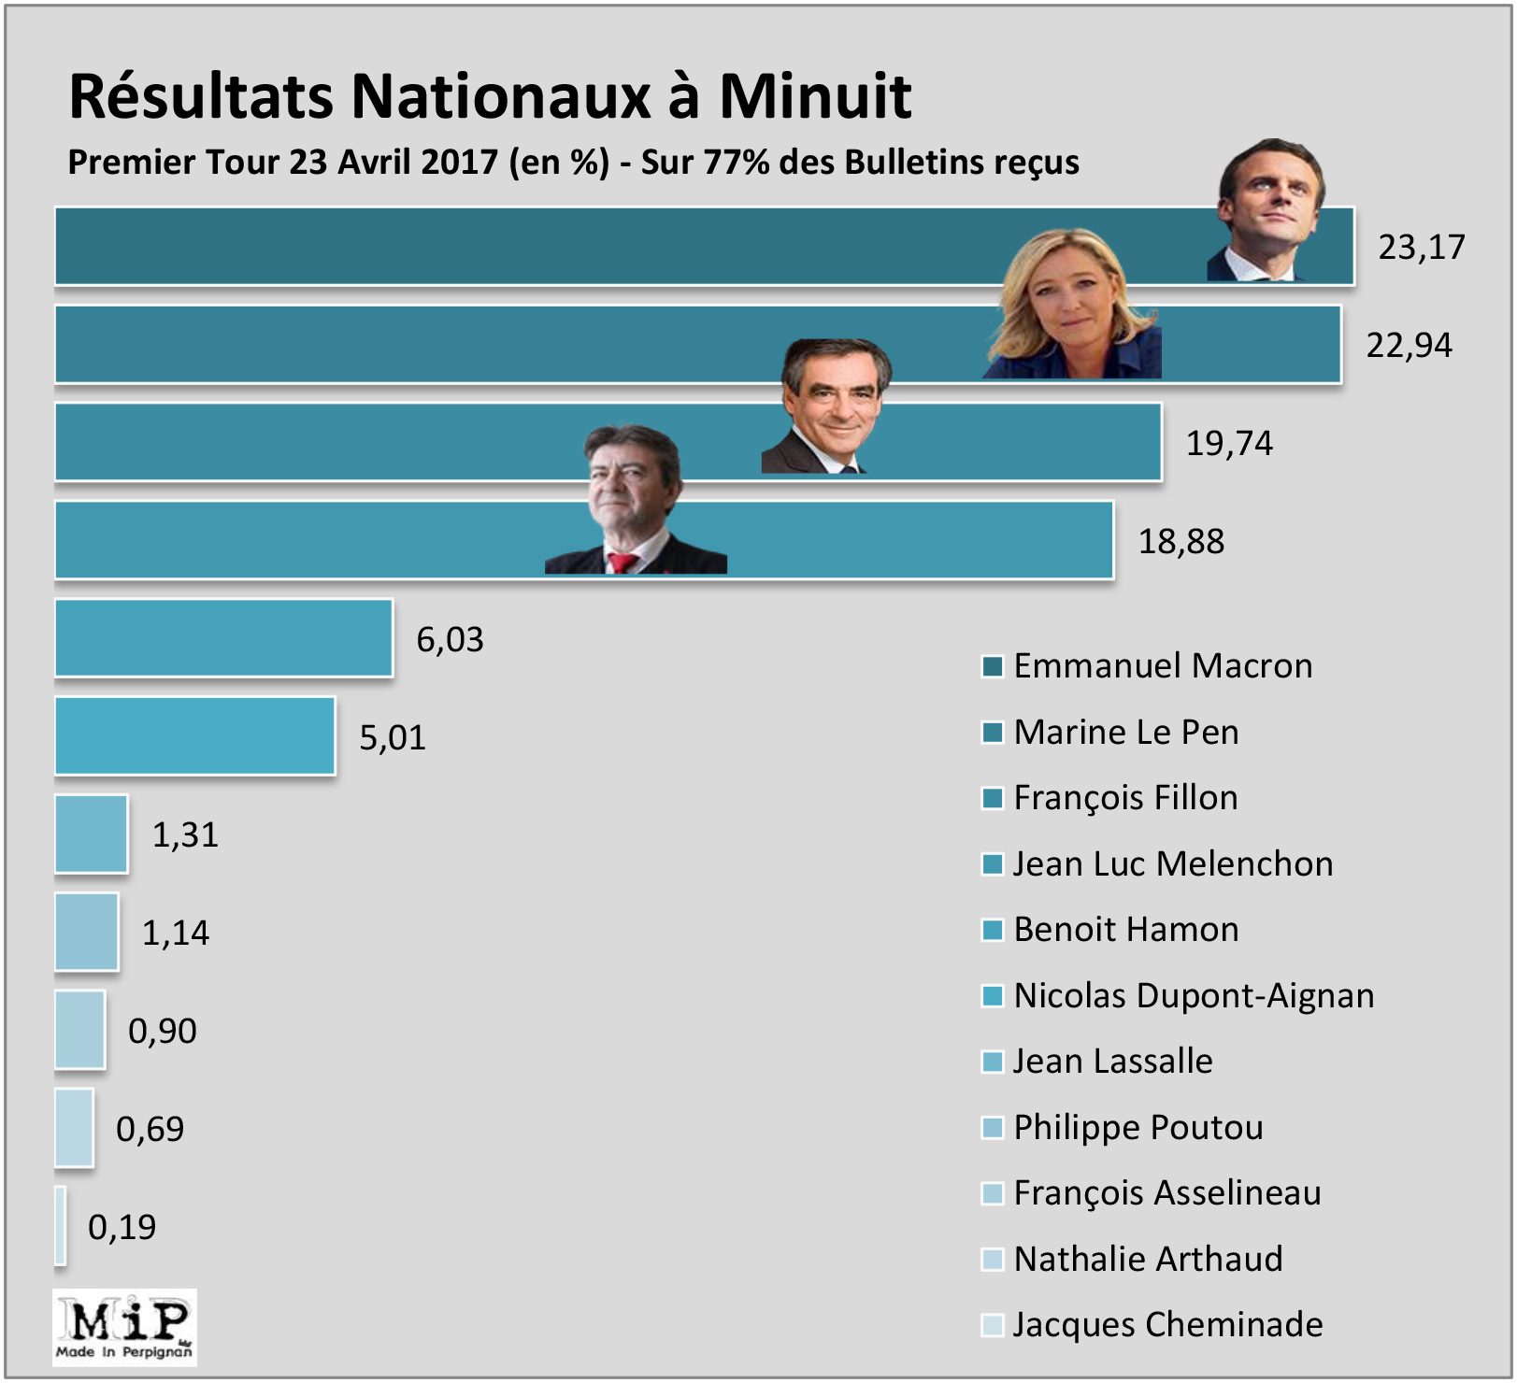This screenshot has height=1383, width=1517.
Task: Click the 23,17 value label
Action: coord(1421,247)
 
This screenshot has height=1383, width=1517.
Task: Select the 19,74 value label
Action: coord(1229,443)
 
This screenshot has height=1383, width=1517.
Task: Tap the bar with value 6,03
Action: coord(223,638)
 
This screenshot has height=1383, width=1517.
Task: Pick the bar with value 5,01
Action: coord(194,736)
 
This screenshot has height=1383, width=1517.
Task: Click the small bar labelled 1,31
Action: coord(91,834)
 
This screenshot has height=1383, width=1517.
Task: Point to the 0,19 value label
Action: coord(122,1227)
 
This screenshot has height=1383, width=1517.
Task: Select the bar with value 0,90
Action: coord(79,1030)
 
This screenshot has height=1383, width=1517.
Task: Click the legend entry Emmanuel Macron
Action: coord(1163,666)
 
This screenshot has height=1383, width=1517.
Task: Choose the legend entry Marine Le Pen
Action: coord(1126,732)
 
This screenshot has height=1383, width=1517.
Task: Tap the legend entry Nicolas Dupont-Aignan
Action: coord(1194,996)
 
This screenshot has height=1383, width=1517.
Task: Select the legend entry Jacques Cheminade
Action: coord(1167,1325)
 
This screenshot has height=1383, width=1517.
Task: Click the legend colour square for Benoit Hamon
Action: coord(992,930)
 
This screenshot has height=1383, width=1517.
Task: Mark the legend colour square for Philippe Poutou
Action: coord(992,1128)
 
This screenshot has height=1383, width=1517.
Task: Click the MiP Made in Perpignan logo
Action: coord(124,1328)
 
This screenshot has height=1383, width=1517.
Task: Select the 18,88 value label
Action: coord(1181,541)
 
